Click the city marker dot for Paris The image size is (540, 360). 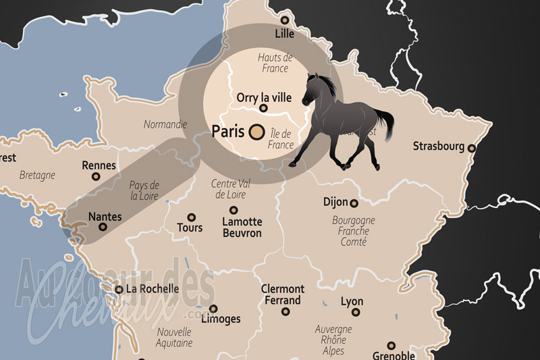pos(256,132)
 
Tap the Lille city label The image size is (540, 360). pos(285,33)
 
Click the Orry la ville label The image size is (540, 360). pos(264,97)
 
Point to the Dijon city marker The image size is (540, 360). pos(353,203)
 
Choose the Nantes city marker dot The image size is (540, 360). pos(103,228)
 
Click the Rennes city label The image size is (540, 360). pos(99,165)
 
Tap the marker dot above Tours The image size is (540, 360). pos(192,217)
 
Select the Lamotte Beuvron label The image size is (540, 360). pos(242,227)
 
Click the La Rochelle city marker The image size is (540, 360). pos(119,289)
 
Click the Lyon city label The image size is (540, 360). pos(352,302)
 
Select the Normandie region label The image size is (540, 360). pos(165,124)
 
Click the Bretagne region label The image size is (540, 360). pos(37,175)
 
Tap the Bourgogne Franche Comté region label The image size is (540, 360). pos(353,230)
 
